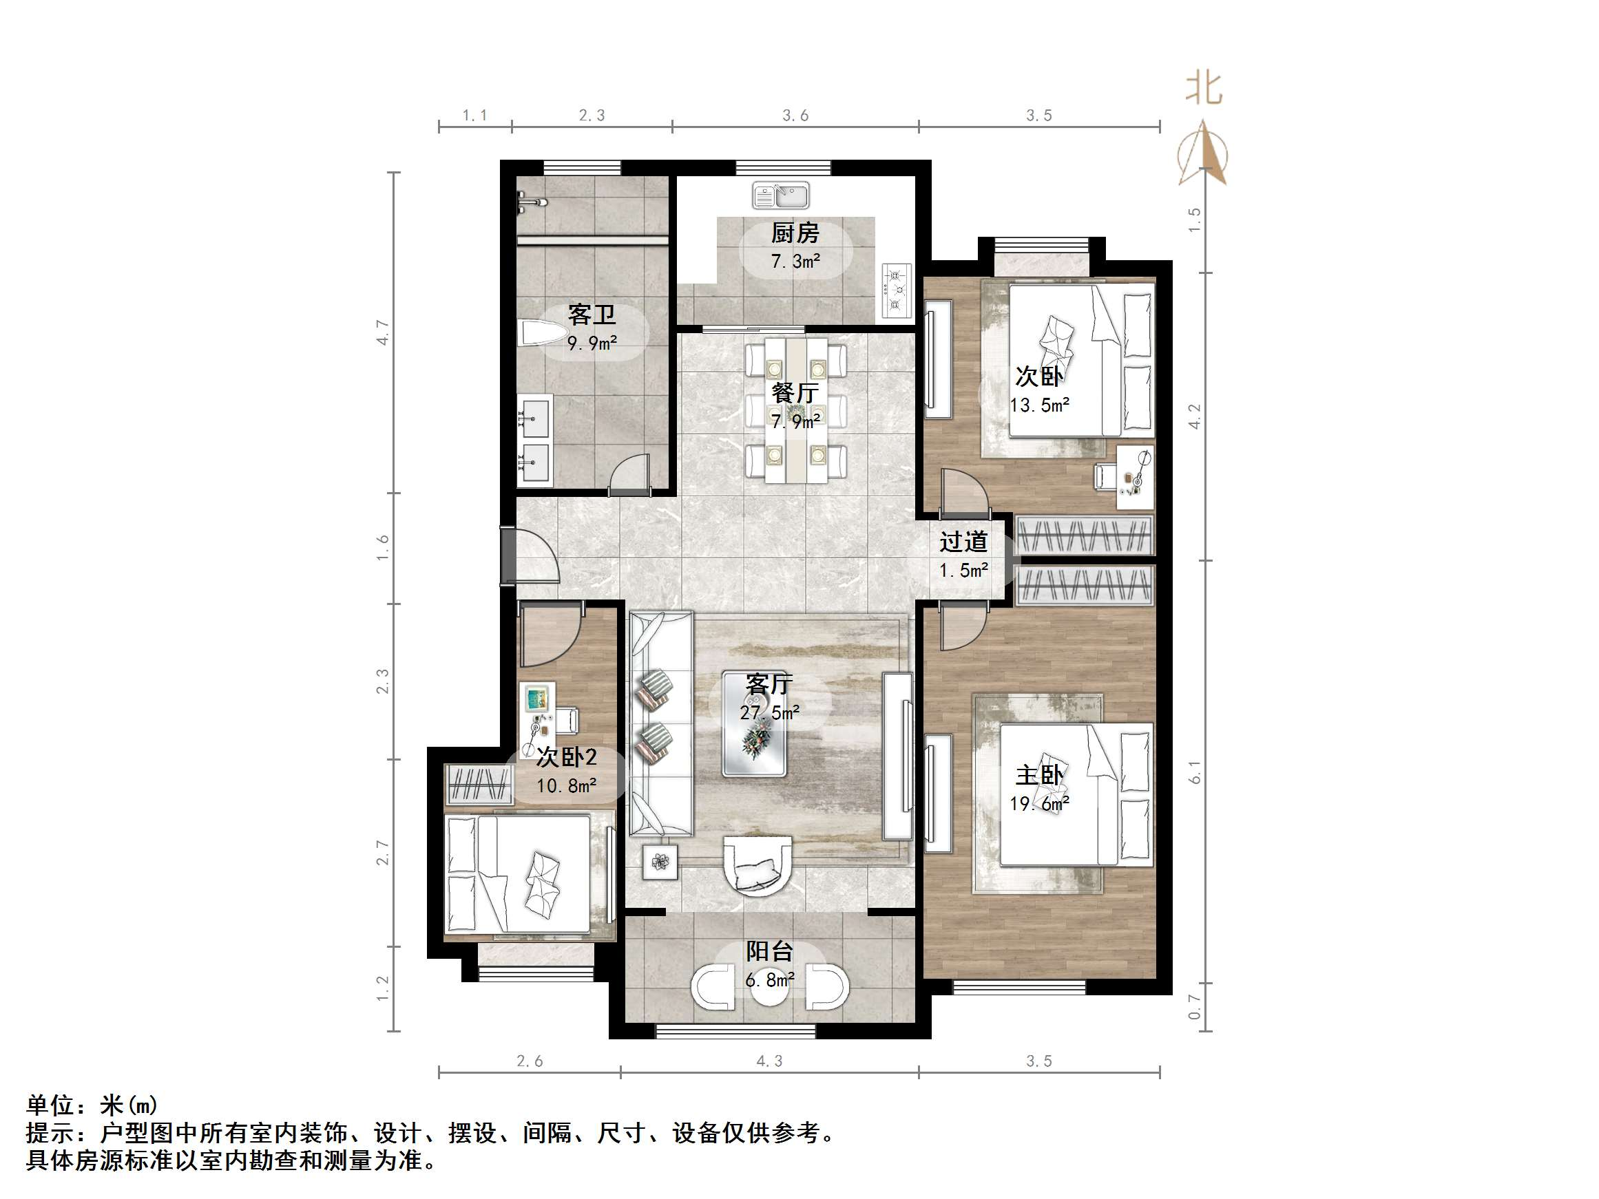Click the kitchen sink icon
pyautogui.click(x=781, y=196)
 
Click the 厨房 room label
pyautogui.click(x=795, y=233)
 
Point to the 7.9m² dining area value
pyautogui.click(x=795, y=421)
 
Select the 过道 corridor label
pyautogui.click(x=963, y=542)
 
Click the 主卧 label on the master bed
pyautogui.click(x=1038, y=776)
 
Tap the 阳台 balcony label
pyautogui.click(x=769, y=952)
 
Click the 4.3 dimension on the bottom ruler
pyautogui.click(x=769, y=1061)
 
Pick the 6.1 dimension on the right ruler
pyautogui.click(x=1194, y=772)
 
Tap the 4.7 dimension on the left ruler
pyautogui.click(x=382, y=332)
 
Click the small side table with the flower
pyautogui.click(x=660, y=862)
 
